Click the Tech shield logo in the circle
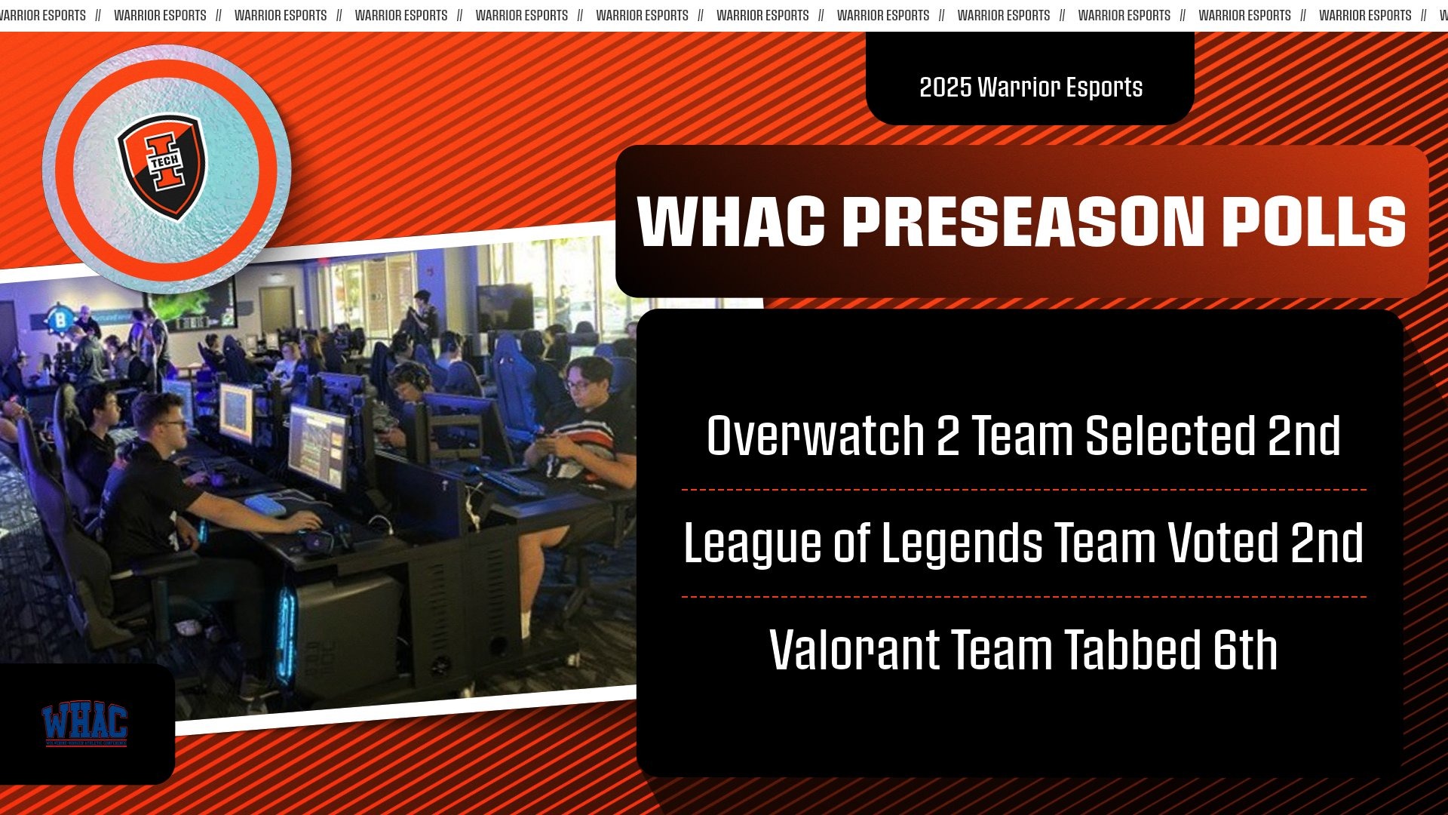tap(163, 167)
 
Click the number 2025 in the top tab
tap(945, 88)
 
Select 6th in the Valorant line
tap(1245, 650)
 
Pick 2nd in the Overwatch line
tap(1303, 435)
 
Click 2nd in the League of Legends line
tap(1327, 543)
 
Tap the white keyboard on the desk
tap(265, 505)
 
